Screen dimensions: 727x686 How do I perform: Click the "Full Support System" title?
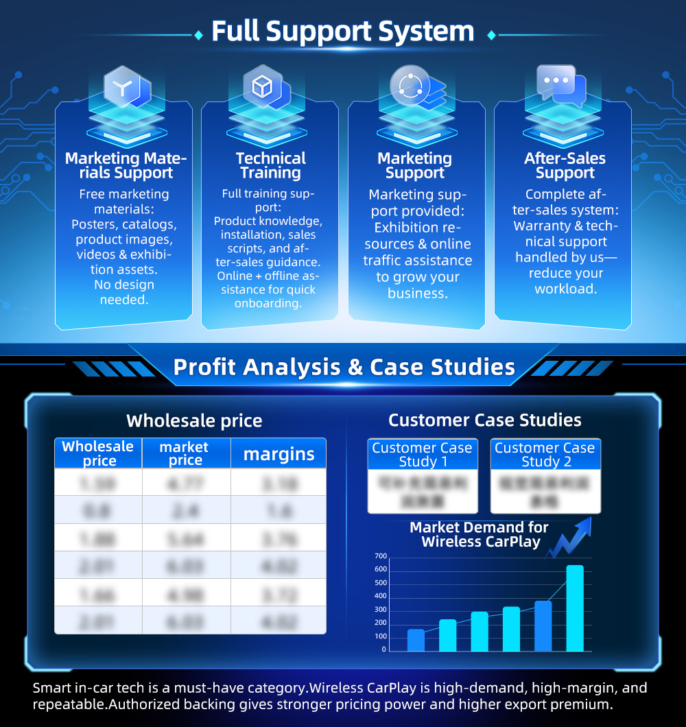(x=342, y=32)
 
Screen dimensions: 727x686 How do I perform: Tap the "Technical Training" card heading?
(x=270, y=165)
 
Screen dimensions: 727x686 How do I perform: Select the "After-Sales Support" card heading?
(x=565, y=165)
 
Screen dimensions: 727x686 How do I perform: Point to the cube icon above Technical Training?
(x=264, y=86)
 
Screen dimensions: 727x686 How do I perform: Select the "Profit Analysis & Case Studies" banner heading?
(x=344, y=367)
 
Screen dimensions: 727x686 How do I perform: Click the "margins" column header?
(x=279, y=453)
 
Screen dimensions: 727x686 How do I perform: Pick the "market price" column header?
(x=185, y=453)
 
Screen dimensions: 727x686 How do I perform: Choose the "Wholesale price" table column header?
(x=98, y=453)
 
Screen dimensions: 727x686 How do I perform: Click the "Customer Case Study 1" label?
(x=422, y=454)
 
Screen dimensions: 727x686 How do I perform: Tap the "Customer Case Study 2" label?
(x=545, y=454)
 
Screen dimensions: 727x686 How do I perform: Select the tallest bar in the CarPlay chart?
(x=575, y=608)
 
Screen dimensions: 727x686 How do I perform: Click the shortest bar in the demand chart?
(x=416, y=640)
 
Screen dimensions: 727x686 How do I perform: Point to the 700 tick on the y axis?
(x=381, y=556)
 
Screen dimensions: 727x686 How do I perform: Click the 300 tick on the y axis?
(x=381, y=610)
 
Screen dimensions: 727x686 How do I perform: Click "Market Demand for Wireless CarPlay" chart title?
(x=479, y=534)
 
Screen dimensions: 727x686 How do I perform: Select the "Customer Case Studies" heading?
(x=484, y=420)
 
